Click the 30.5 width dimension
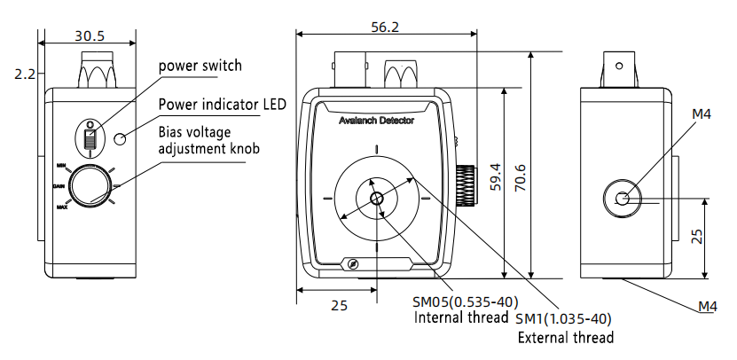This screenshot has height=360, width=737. (90, 36)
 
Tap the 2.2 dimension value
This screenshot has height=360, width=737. (25, 75)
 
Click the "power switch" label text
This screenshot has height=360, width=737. (200, 66)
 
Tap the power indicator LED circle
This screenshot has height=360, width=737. (122, 137)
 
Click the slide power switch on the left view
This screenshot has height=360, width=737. (90, 137)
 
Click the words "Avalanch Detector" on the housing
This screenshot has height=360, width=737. (376, 120)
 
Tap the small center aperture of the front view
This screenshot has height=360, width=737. (377, 198)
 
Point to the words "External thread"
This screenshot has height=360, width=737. (566, 337)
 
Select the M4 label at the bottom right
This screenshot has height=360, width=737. (706, 307)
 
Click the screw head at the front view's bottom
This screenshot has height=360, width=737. (352, 264)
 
